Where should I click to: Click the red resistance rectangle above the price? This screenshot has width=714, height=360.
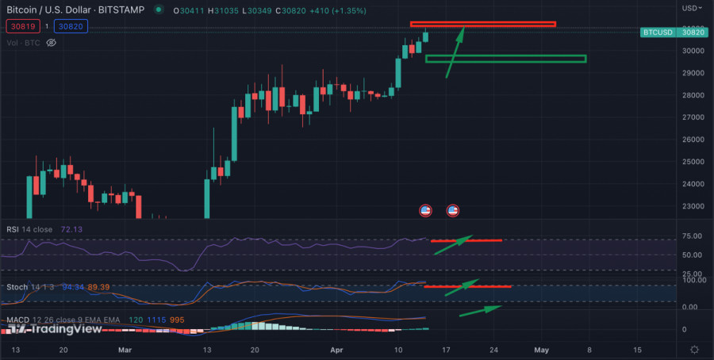[482, 24]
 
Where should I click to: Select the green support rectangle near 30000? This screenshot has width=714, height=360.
[505, 59]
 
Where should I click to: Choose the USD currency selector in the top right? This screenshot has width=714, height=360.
[690, 8]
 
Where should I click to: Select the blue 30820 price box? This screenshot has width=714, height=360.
[70, 26]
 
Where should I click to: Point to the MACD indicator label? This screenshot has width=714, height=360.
[18, 319]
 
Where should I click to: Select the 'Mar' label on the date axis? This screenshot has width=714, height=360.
[124, 349]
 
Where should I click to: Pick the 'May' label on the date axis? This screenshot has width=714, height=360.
[542, 349]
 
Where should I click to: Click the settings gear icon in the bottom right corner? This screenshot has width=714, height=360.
[694, 349]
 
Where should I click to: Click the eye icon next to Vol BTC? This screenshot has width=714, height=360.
[52, 43]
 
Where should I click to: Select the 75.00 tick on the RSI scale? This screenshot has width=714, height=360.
[693, 236]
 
